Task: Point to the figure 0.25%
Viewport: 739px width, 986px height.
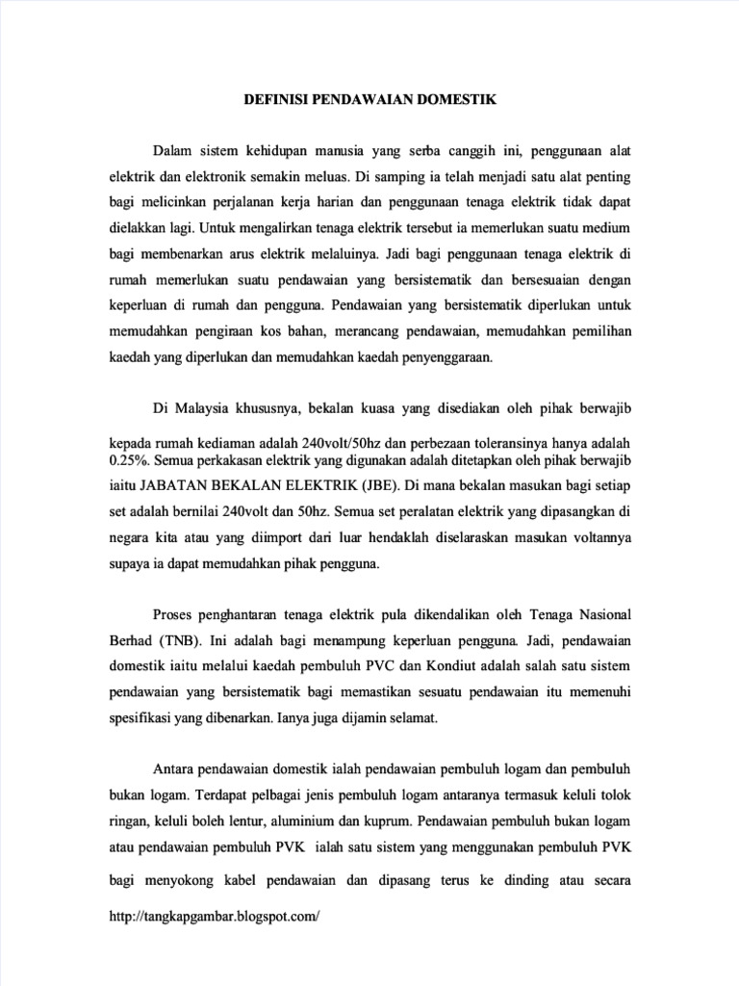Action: point(129,460)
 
